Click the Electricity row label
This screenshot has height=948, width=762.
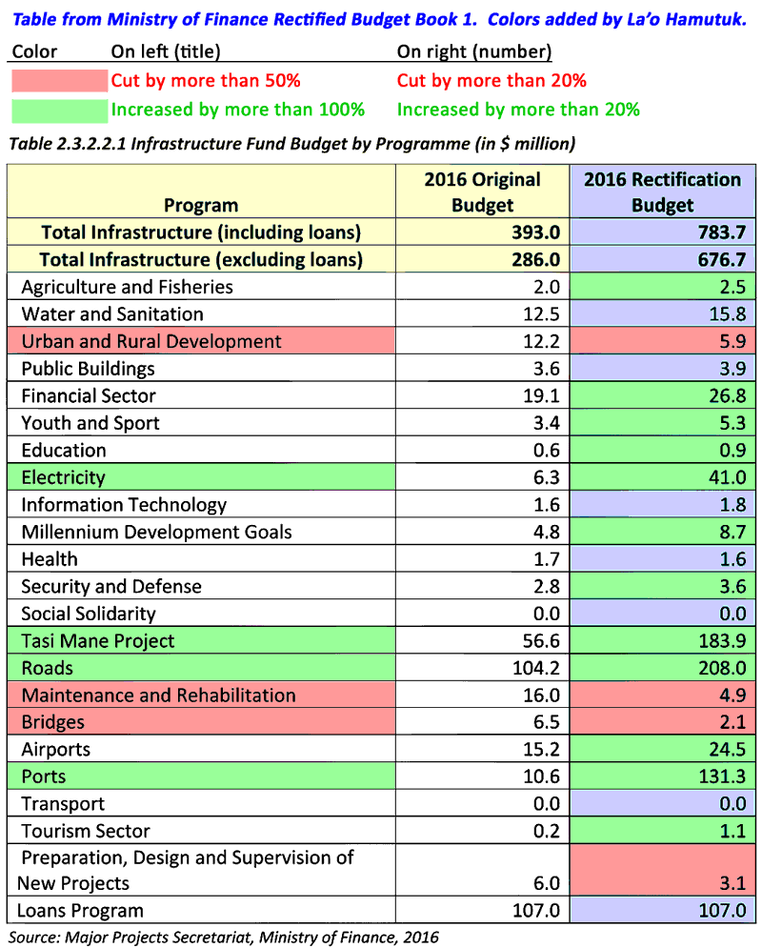63,477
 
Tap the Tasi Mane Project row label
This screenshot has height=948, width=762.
98,641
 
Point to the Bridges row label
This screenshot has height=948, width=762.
52,722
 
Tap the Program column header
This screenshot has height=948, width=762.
201,205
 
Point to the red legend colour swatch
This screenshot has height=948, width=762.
59,81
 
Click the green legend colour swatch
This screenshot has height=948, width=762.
59,110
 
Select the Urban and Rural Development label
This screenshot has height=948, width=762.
151,341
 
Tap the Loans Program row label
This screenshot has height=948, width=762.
83,910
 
